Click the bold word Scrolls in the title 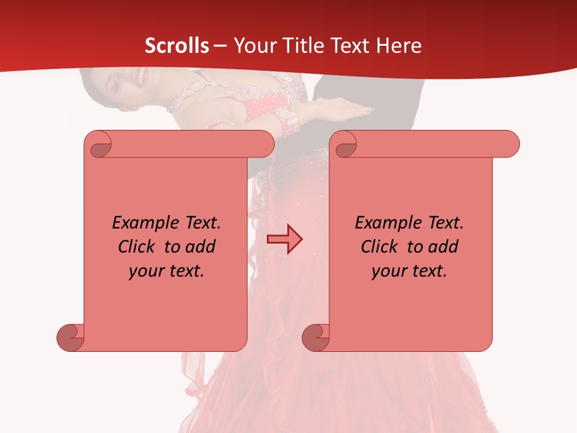tap(177, 46)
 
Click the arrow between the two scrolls tap(285, 239)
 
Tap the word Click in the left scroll tap(139, 247)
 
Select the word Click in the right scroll tap(382, 247)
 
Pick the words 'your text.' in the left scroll tap(166, 271)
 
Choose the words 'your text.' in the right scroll tap(409, 271)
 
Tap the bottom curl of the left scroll tap(71, 338)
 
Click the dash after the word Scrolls tap(220, 46)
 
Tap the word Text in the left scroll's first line tap(201, 223)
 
